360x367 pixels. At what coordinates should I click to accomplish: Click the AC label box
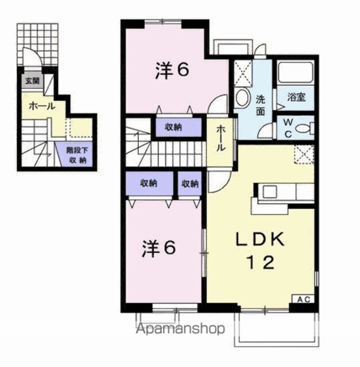(x=303, y=299)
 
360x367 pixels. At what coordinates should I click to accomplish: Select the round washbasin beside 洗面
(x=242, y=98)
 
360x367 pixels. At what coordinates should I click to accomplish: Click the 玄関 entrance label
(x=32, y=81)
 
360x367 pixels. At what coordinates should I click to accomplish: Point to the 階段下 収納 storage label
(x=76, y=155)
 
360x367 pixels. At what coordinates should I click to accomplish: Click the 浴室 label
(x=296, y=97)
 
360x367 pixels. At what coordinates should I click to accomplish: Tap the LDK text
(x=260, y=239)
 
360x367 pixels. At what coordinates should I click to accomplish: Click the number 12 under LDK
(x=260, y=263)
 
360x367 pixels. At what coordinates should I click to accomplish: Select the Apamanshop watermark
(x=180, y=329)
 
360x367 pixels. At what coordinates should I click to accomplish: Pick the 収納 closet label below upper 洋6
(x=173, y=127)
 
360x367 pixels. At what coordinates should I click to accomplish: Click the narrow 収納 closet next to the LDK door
(x=190, y=183)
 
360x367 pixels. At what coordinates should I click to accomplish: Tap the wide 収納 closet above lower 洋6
(x=149, y=183)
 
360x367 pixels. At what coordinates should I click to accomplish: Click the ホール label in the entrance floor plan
(x=42, y=107)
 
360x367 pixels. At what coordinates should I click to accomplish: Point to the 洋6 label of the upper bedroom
(x=172, y=71)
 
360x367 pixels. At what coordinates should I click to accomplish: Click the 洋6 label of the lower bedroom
(x=159, y=248)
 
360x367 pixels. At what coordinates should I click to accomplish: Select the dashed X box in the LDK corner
(x=304, y=154)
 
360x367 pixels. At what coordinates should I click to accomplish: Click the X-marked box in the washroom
(x=243, y=73)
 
